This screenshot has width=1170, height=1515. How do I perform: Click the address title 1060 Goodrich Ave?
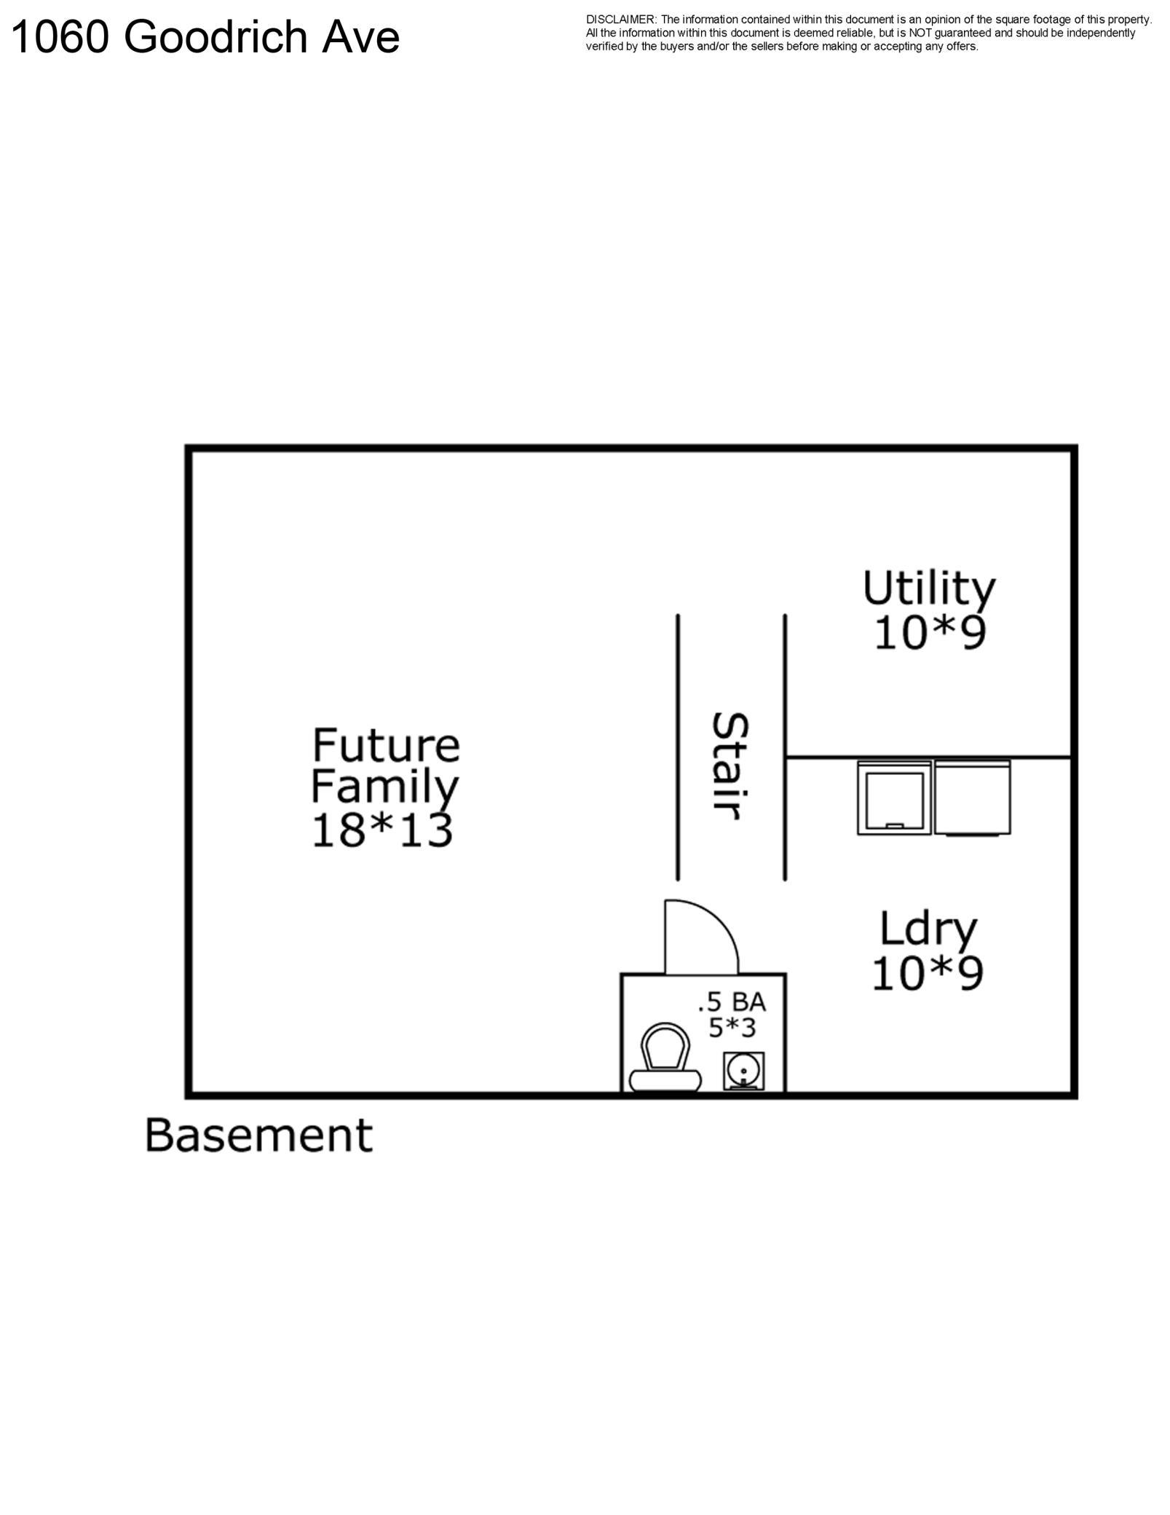click(206, 36)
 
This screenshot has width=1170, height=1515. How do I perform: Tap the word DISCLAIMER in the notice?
click(620, 20)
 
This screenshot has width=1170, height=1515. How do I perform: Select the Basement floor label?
click(258, 1135)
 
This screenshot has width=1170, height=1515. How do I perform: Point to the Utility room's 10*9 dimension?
click(930, 632)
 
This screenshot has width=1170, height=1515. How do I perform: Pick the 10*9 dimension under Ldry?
click(928, 973)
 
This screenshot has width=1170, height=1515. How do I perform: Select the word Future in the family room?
click(386, 745)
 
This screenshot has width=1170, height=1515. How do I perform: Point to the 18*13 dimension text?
click(382, 830)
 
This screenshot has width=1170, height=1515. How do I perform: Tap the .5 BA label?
click(732, 1002)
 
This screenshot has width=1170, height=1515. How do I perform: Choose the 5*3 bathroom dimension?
click(732, 1028)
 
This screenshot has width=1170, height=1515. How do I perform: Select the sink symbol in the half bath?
click(743, 1071)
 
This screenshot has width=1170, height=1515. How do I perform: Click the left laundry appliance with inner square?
click(894, 798)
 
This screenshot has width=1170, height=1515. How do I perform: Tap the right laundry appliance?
click(972, 798)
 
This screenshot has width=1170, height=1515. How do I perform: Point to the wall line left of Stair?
click(678, 747)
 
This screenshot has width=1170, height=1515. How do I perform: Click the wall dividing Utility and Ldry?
click(928, 757)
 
